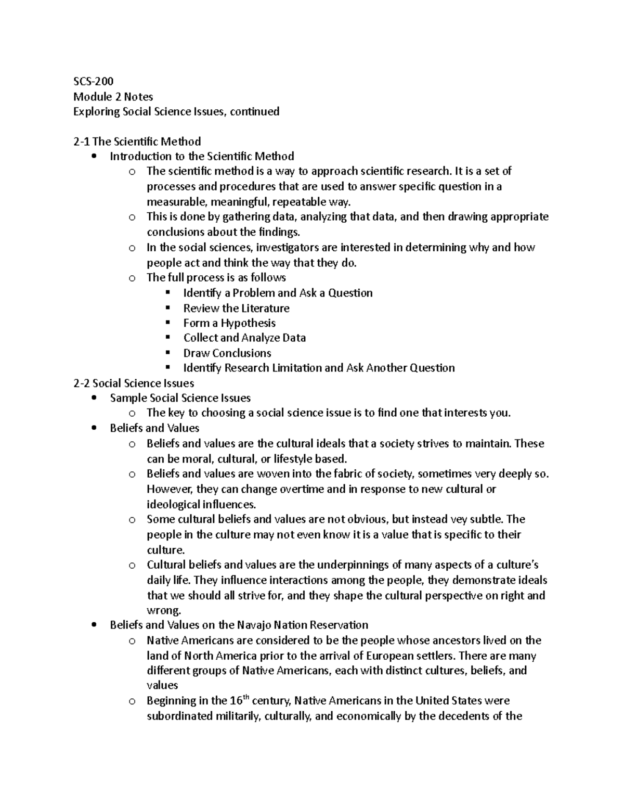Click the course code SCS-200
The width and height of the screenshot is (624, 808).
(93, 81)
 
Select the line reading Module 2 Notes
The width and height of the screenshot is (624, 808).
(113, 96)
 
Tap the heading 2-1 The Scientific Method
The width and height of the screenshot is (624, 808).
(137, 142)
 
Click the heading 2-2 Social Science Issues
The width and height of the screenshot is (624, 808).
(134, 383)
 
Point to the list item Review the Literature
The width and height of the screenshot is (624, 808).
(236, 308)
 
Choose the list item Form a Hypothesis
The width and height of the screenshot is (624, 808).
(229, 323)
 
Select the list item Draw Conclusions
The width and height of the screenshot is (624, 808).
(227, 353)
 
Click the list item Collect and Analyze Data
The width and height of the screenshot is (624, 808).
(244, 338)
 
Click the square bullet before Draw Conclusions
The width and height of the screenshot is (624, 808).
(167, 353)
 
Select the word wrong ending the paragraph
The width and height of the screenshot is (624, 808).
(164, 611)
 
